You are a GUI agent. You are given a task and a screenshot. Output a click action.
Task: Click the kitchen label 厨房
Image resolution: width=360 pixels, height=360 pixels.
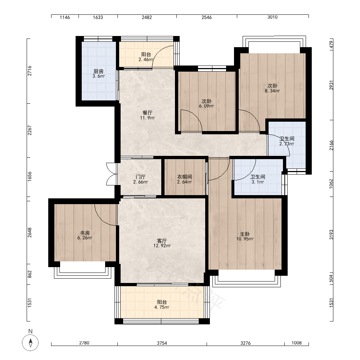click(99, 71)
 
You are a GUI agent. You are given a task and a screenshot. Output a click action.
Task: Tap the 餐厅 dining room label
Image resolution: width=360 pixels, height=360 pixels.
click(147, 113)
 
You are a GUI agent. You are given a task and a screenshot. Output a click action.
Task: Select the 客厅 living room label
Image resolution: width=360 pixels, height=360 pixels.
click(162, 241)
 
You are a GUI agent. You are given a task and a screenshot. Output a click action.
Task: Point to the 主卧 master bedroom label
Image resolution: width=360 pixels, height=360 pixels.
click(245, 234)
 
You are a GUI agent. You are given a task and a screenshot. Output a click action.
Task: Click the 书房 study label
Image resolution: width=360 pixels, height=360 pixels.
click(85, 233)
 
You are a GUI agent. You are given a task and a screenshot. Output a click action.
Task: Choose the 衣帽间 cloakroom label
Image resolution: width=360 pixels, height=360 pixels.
click(185, 177)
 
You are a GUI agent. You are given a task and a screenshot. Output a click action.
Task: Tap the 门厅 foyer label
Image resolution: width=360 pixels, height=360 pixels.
click(140, 177)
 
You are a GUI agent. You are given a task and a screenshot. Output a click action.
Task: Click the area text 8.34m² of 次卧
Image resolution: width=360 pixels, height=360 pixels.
click(272, 91)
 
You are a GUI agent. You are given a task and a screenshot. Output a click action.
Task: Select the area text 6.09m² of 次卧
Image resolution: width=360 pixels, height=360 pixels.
click(206, 106)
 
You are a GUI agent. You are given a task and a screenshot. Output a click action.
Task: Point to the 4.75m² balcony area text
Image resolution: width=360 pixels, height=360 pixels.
click(162, 307)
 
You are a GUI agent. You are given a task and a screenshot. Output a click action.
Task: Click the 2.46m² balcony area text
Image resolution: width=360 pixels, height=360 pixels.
click(146, 59)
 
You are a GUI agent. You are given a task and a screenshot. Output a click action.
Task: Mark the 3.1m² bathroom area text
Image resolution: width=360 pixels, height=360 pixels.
click(258, 182)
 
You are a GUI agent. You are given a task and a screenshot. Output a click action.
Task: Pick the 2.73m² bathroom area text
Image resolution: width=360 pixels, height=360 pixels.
click(287, 144)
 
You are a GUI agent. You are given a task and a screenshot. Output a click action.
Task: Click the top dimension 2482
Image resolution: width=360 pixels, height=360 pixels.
click(147, 17)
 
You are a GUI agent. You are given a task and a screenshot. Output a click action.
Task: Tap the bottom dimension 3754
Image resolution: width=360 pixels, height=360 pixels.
click(162, 343)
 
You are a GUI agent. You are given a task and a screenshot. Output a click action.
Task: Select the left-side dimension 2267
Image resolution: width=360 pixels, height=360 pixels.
click(30, 130)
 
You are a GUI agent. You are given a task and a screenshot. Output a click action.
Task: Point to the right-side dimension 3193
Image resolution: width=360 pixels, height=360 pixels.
click(331, 235)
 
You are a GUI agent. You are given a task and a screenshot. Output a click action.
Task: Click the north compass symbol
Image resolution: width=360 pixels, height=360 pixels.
click(30, 343)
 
